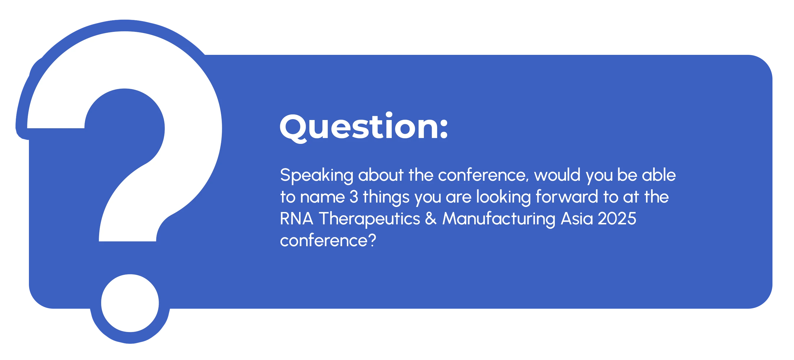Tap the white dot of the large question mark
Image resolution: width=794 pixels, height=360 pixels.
click(130, 303)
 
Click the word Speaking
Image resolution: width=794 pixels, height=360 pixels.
click(316, 176)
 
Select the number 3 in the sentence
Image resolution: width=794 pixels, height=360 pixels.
click(354, 197)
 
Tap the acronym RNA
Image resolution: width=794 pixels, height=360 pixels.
click(296, 218)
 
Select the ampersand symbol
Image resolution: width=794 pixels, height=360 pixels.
click(431, 219)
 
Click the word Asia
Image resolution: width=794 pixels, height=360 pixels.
click(577, 218)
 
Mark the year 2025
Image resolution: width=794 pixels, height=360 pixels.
click(617, 219)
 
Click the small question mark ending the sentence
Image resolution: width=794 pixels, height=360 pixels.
click(372, 240)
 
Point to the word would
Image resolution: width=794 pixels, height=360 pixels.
click(557, 175)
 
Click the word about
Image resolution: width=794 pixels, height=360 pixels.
click(381, 175)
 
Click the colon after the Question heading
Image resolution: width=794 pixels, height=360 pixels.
click(444, 127)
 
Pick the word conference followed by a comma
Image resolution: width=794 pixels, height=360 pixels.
click(483, 176)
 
